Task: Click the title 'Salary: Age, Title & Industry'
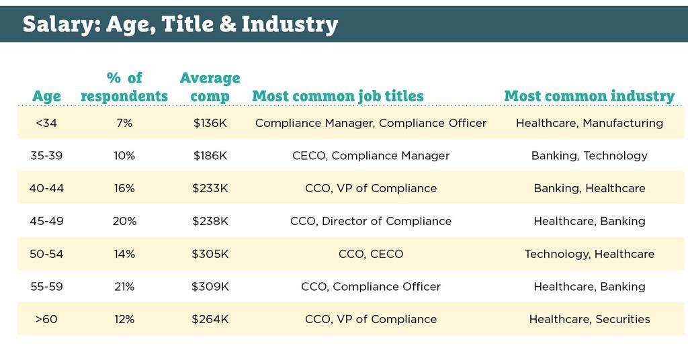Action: tap(180, 24)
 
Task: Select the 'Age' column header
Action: tap(46, 96)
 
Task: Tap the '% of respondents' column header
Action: tap(124, 87)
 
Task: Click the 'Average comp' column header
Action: tap(210, 87)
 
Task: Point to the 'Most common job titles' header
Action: tap(338, 96)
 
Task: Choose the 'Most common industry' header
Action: tap(589, 96)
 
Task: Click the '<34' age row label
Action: tap(46, 123)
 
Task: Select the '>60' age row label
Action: tap(46, 319)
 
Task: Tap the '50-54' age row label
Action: tap(46, 254)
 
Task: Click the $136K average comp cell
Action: tap(210, 123)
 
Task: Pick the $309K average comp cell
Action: tap(210, 287)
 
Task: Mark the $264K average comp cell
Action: tap(210, 319)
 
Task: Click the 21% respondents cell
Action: tap(124, 287)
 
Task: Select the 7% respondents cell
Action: tap(124, 123)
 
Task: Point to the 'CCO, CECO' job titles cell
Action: tap(371, 254)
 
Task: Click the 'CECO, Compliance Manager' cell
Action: tap(371, 156)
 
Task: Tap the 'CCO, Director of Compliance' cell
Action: tap(371, 221)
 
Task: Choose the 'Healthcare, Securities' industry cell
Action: tap(589, 319)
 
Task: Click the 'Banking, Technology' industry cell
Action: tap(589, 156)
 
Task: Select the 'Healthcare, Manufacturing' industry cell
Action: tap(589, 123)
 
